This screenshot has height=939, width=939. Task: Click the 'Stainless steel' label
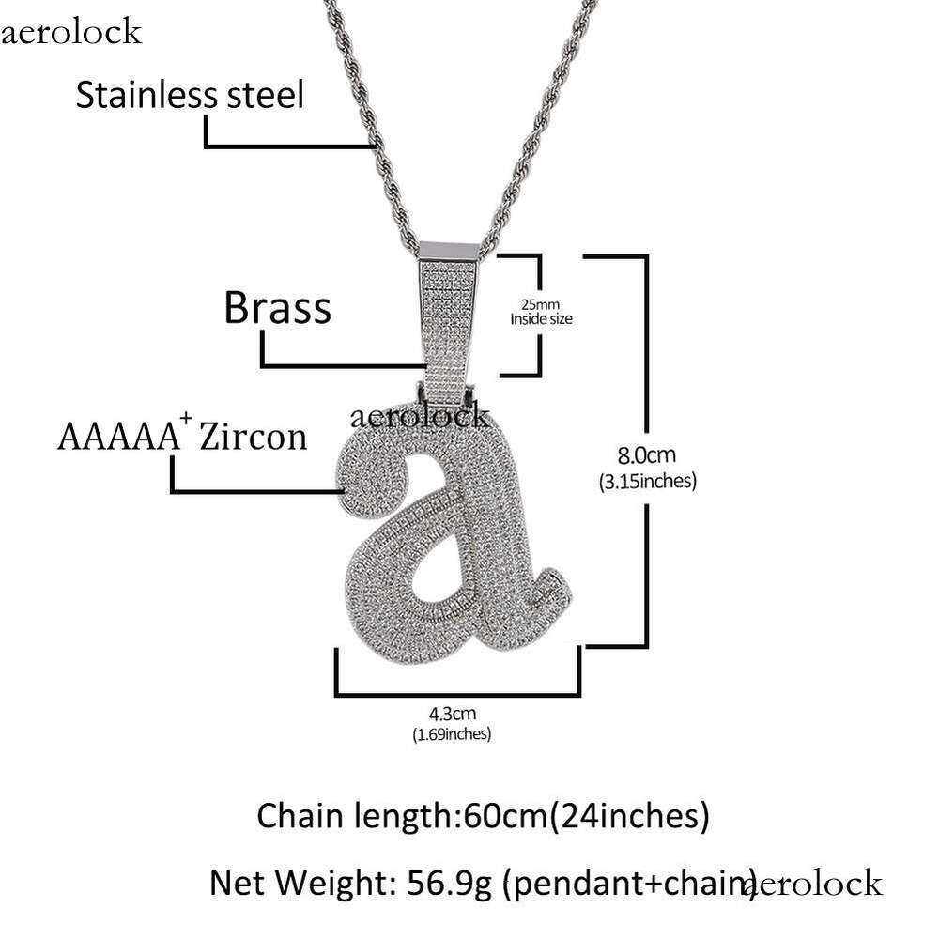190,95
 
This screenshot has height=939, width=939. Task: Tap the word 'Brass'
277,307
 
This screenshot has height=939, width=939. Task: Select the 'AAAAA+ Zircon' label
182,437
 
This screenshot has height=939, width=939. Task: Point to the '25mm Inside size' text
541,312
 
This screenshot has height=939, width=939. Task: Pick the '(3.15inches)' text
646,483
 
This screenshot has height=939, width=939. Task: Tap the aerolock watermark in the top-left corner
71,34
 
